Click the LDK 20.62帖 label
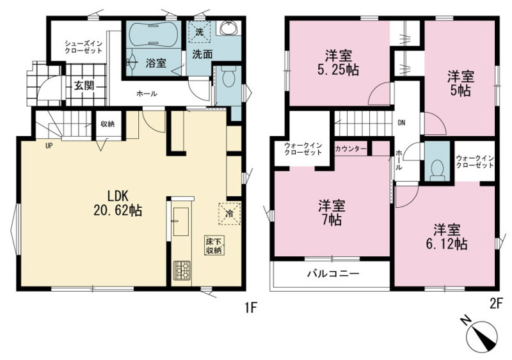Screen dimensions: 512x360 (x=118, y=203)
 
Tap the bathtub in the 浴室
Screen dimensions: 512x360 (x=153, y=35)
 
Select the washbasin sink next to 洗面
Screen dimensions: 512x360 (x=230, y=28)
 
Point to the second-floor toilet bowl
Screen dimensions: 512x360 (x=437, y=170)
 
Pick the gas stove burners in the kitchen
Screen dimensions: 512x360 (x=182, y=270)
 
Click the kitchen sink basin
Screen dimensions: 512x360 (x=180, y=221)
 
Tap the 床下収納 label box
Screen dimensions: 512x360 (x=213, y=245)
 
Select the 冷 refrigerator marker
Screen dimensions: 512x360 (x=229, y=214)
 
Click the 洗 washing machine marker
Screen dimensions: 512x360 (x=200, y=32)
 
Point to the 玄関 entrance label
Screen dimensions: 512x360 (x=84, y=86)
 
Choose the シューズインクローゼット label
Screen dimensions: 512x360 (x=83, y=47)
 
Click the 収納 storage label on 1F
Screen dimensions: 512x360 (x=107, y=124)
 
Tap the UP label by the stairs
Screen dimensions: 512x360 (x=49, y=146)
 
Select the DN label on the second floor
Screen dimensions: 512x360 (x=401, y=123)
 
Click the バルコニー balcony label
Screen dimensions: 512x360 (x=333, y=274)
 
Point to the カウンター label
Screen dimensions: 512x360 (x=350, y=149)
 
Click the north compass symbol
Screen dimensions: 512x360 (x=481, y=336)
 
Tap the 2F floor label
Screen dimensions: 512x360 (x=495, y=304)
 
